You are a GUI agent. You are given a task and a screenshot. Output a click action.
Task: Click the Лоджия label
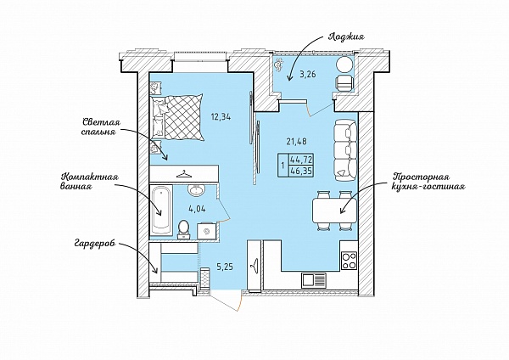point(346,37)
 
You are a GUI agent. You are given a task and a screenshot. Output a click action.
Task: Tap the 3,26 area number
point(308,75)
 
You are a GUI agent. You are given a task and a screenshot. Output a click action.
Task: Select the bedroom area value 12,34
point(221,117)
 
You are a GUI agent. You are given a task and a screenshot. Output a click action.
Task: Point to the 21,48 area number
point(297,141)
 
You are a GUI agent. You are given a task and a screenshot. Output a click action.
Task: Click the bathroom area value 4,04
point(197,209)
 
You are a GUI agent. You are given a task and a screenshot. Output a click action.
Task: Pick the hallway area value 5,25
point(225,267)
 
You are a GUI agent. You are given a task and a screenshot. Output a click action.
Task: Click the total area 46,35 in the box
point(301,171)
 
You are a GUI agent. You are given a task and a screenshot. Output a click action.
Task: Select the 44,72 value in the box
point(301,160)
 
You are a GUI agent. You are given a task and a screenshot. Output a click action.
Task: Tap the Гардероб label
point(94,244)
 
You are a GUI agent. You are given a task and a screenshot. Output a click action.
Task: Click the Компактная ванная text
point(90,182)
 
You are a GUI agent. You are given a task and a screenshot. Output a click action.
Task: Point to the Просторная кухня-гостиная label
point(428,182)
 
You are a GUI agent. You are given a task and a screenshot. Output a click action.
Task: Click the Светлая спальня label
point(101,127)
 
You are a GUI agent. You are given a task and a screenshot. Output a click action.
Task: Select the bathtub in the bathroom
point(161,210)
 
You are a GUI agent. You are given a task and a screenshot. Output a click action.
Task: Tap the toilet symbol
point(184,228)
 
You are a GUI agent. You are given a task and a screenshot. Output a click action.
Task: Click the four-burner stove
point(349,261)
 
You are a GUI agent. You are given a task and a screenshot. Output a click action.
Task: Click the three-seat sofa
point(344,150)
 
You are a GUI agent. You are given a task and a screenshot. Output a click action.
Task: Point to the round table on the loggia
point(344,65)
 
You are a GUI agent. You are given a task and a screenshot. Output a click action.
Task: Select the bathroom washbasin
point(196,190)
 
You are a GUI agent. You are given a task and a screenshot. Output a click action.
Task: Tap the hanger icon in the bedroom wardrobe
point(183,174)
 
